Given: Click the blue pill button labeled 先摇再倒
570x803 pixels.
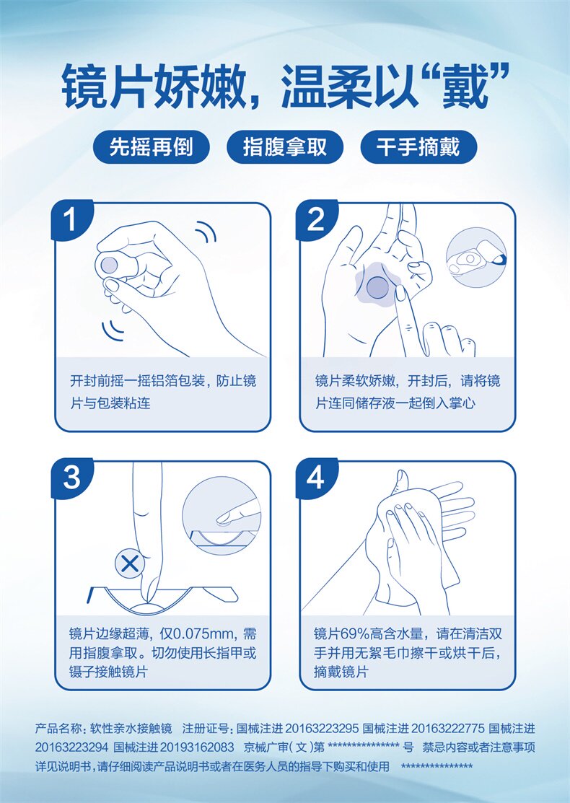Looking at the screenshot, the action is point(151,147).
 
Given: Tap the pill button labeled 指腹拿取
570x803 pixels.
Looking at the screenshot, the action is point(285,147).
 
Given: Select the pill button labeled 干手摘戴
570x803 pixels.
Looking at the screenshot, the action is point(418,147).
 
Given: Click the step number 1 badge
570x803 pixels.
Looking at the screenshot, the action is point(71,220).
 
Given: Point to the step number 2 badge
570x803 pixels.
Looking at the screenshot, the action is point(315,220).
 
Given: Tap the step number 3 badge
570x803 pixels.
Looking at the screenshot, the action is point(71,478).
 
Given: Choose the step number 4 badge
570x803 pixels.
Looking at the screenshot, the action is point(315,478).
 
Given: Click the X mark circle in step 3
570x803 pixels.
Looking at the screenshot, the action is point(130,564).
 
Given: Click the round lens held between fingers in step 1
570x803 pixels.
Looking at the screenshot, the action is point(109,265).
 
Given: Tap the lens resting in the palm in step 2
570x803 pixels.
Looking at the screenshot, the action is point(378,287).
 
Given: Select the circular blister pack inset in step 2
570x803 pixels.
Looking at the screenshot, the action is point(475,259).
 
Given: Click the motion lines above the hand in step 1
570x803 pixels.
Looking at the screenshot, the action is point(206,232).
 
